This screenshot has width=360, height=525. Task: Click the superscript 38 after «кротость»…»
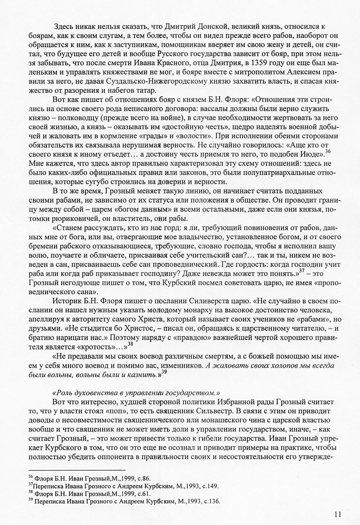pyautogui.click(x=130, y=344)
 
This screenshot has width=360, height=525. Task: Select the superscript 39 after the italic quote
pyautogui.click(x=164, y=372)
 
